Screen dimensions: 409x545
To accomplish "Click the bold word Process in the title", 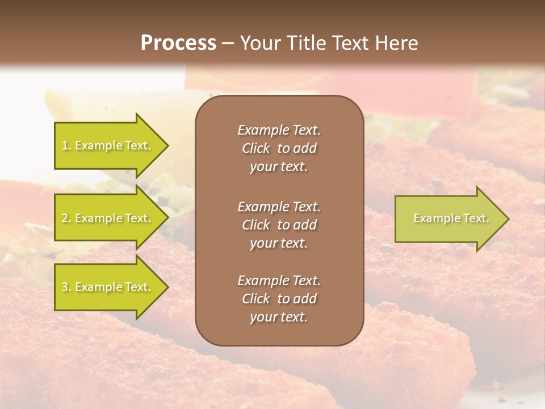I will [178, 43].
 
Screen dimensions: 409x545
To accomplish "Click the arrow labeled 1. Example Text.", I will [108, 145].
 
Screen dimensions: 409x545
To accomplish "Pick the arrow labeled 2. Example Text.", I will [108, 218].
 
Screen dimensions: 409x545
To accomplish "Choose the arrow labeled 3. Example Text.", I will [108, 287].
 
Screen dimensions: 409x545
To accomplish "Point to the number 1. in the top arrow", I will [66, 145].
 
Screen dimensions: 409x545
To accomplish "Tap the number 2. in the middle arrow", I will [66, 218].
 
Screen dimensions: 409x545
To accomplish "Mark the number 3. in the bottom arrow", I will [66, 287].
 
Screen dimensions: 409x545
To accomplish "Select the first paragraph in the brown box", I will [279, 148].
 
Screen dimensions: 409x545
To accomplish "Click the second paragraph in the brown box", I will [279, 224].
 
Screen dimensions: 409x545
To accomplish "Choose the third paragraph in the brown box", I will [279, 299].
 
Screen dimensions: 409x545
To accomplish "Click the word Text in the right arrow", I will [476, 218].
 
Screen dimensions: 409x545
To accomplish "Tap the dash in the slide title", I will [228, 43].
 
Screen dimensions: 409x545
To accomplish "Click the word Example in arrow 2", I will [99, 218].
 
